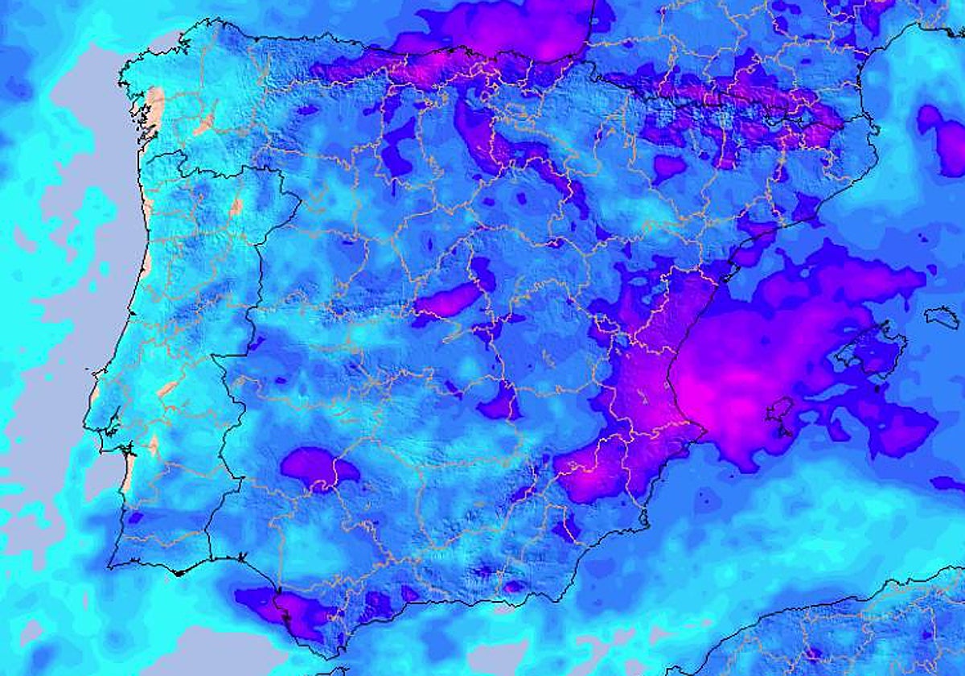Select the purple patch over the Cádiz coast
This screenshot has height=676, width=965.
[x=281, y=608]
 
